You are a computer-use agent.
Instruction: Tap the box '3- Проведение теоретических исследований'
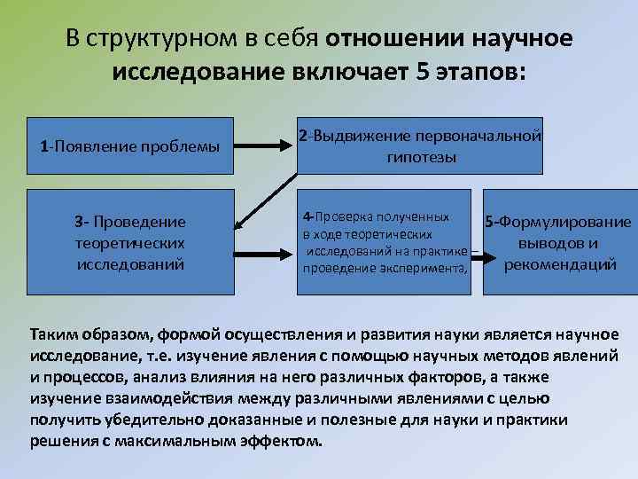(x=129, y=240)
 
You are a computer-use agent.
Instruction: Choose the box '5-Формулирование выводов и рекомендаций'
(x=560, y=242)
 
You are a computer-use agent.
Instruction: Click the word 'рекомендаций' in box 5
(x=560, y=264)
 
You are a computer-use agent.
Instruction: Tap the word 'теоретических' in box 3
(x=129, y=241)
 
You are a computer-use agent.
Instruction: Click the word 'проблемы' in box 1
(x=190, y=145)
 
